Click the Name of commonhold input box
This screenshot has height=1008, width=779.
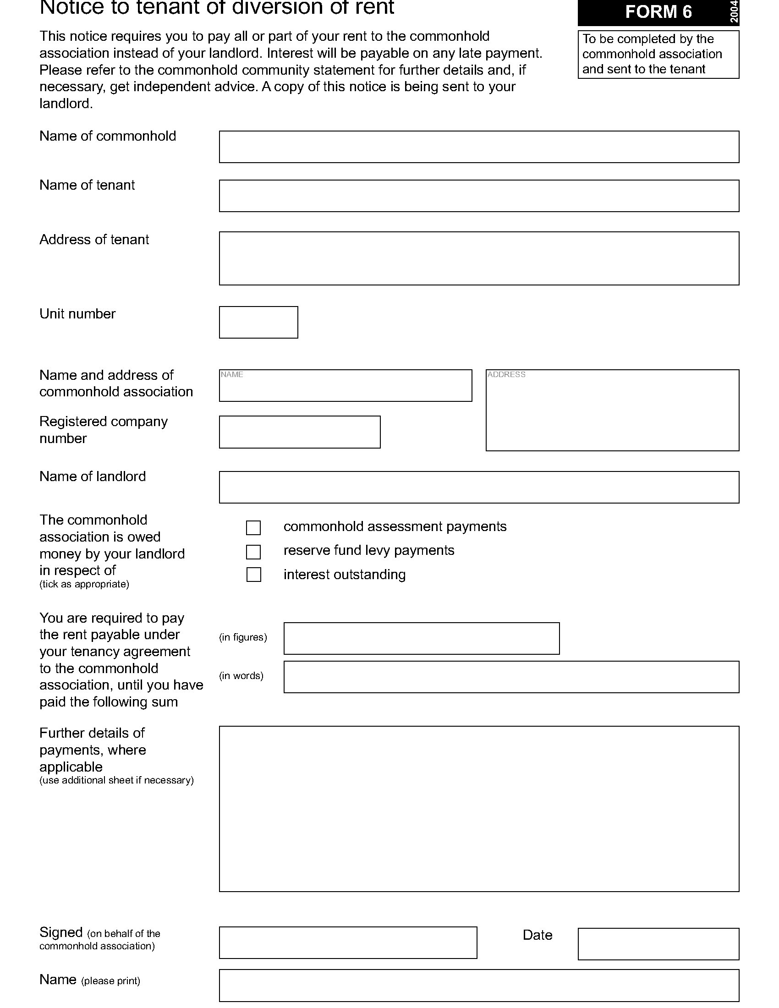[x=478, y=147]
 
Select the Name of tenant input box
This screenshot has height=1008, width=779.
[x=478, y=196]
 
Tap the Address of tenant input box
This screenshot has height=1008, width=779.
[x=478, y=258]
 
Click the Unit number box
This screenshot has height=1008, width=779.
[x=258, y=322]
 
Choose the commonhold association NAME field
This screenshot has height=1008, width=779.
[x=345, y=385]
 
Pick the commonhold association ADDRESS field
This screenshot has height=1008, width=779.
[x=612, y=410]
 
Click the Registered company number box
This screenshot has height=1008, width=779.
[x=300, y=432]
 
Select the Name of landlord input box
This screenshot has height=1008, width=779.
[x=478, y=487]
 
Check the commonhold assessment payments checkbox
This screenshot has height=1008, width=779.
[x=253, y=527]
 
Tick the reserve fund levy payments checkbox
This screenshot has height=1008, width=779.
[x=253, y=552]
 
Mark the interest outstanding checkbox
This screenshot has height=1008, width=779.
[x=253, y=575]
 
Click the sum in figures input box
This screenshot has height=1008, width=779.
[x=421, y=638]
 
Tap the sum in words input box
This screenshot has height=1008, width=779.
[x=511, y=677]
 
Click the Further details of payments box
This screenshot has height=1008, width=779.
[x=478, y=809]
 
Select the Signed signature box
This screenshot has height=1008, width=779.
[x=347, y=942]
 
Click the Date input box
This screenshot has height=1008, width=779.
[x=658, y=944]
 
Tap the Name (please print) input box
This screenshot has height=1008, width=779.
[x=478, y=986]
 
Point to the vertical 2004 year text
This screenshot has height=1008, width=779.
[x=734, y=11]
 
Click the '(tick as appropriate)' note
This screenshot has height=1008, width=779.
[x=84, y=584]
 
